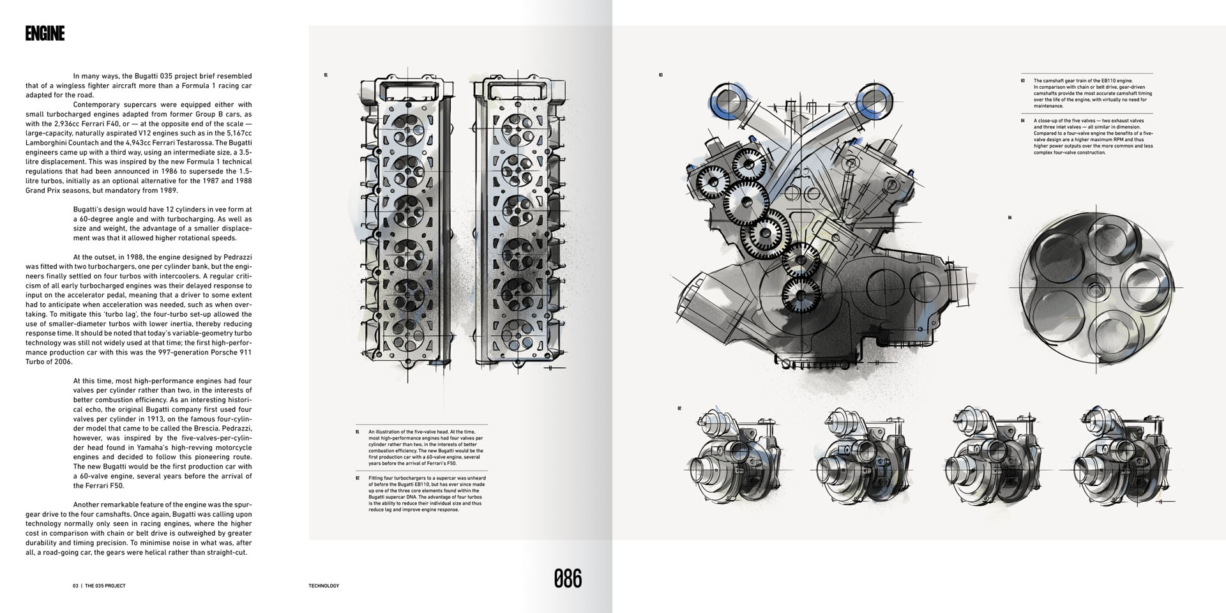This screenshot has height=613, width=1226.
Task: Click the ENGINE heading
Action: [x=45, y=34]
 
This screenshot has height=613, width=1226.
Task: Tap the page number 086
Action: [x=568, y=579]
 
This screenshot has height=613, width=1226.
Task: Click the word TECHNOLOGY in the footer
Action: [x=324, y=586]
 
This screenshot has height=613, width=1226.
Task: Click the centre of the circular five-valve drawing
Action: [x=1096, y=288]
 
